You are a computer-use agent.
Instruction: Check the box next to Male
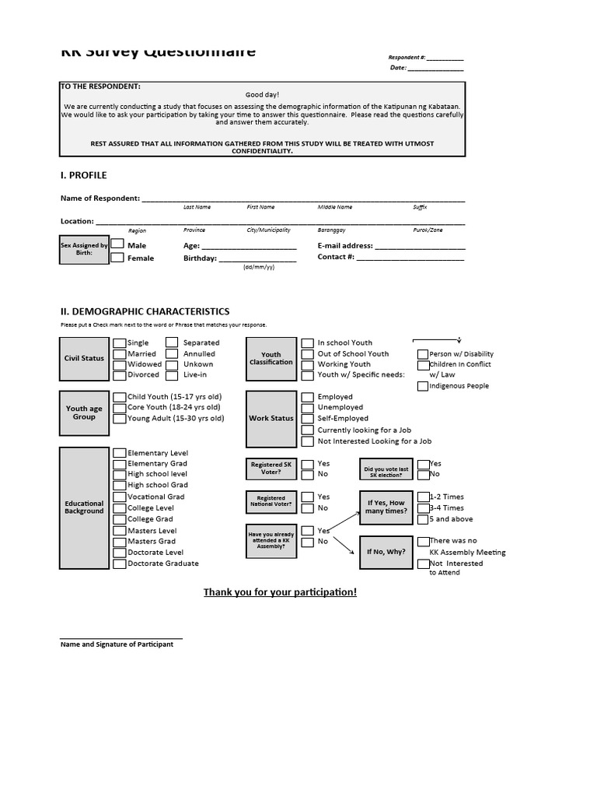coord(117,244)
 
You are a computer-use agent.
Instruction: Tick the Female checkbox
coord(117,258)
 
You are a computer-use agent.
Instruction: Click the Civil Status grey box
coord(84,358)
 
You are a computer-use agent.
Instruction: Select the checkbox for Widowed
coord(120,364)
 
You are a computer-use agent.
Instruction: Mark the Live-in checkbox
coord(171,375)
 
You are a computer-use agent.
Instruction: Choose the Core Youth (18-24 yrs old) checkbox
coord(120,408)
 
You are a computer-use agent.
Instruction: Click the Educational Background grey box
coord(84,508)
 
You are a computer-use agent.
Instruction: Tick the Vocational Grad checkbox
coord(120,497)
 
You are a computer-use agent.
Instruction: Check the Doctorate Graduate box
coord(120,564)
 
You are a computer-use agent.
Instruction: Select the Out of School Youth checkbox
coord(309,354)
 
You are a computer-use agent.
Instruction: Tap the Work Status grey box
coord(271,418)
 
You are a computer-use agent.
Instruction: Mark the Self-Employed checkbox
coord(309,419)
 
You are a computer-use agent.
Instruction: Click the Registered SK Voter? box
coord(271,469)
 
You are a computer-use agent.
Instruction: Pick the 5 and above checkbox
coord(423,519)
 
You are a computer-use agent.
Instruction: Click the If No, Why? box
coord(386,552)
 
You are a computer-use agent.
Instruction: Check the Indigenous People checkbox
coord(423,386)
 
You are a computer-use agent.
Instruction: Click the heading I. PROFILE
coord(84,175)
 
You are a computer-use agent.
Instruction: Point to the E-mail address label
coord(345,245)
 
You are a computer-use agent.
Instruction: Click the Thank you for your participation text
coord(280,592)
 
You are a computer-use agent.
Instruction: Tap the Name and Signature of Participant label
coord(117,644)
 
